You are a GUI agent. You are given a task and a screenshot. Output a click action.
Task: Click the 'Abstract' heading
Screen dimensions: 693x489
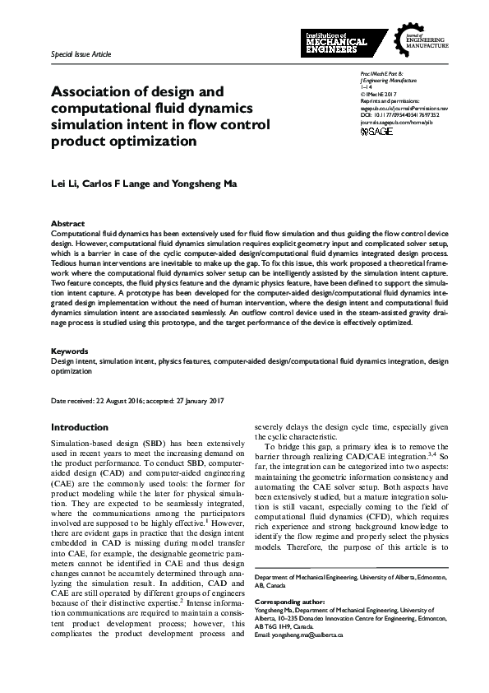click(x=67, y=223)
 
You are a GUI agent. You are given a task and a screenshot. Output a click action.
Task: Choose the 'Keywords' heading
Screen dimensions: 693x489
click(x=69, y=351)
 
